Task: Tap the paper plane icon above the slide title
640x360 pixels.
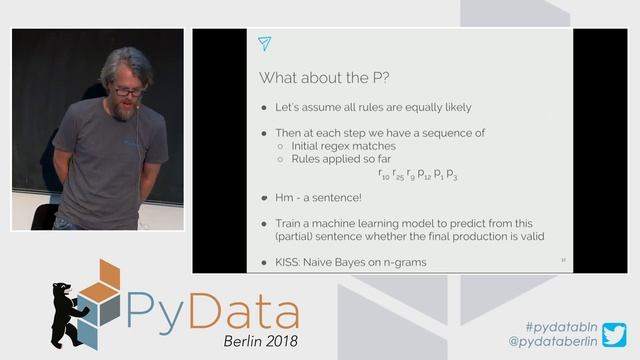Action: point(264,43)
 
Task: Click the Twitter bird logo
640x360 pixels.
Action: point(614,334)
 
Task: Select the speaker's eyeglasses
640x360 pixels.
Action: point(127,91)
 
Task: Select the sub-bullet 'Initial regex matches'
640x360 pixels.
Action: point(343,146)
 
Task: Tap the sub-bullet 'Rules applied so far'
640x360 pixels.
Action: point(339,158)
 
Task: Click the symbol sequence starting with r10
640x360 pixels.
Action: point(405,175)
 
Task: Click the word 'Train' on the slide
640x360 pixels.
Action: point(290,223)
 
